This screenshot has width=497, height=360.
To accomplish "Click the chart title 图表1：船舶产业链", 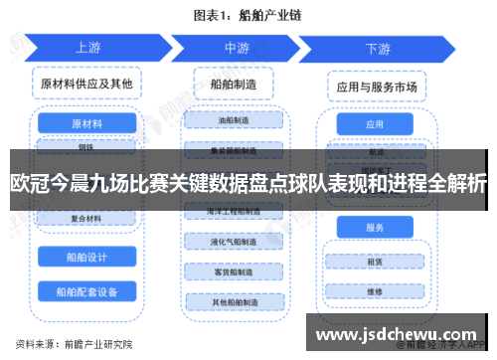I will click(x=248, y=15).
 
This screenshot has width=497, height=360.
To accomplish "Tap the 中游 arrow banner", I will click(x=237, y=47).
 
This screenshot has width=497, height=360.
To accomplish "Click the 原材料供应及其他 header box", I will click(x=86, y=83).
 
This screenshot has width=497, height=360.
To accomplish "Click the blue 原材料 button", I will click(x=86, y=124).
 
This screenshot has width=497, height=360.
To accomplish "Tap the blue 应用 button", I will click(x=374, y=125).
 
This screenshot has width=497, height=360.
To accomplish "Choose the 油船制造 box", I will click(x=237, y=120).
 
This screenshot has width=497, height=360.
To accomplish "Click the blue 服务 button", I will click(x=374, y=228).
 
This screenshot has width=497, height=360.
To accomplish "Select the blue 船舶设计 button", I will click(x=86, y=256).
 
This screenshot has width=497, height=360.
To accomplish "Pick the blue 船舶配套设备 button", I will click(x=86, y=291).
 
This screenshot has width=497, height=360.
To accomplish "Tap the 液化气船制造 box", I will click(x=237, y=242).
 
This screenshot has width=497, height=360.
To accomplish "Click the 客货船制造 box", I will click(x=237, y=271).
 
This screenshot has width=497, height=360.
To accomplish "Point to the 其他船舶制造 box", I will click(x=237, y=301).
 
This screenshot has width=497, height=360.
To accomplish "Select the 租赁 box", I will click(x=374, y=263).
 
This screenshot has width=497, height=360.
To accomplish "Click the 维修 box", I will click(x=374, y=292).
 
